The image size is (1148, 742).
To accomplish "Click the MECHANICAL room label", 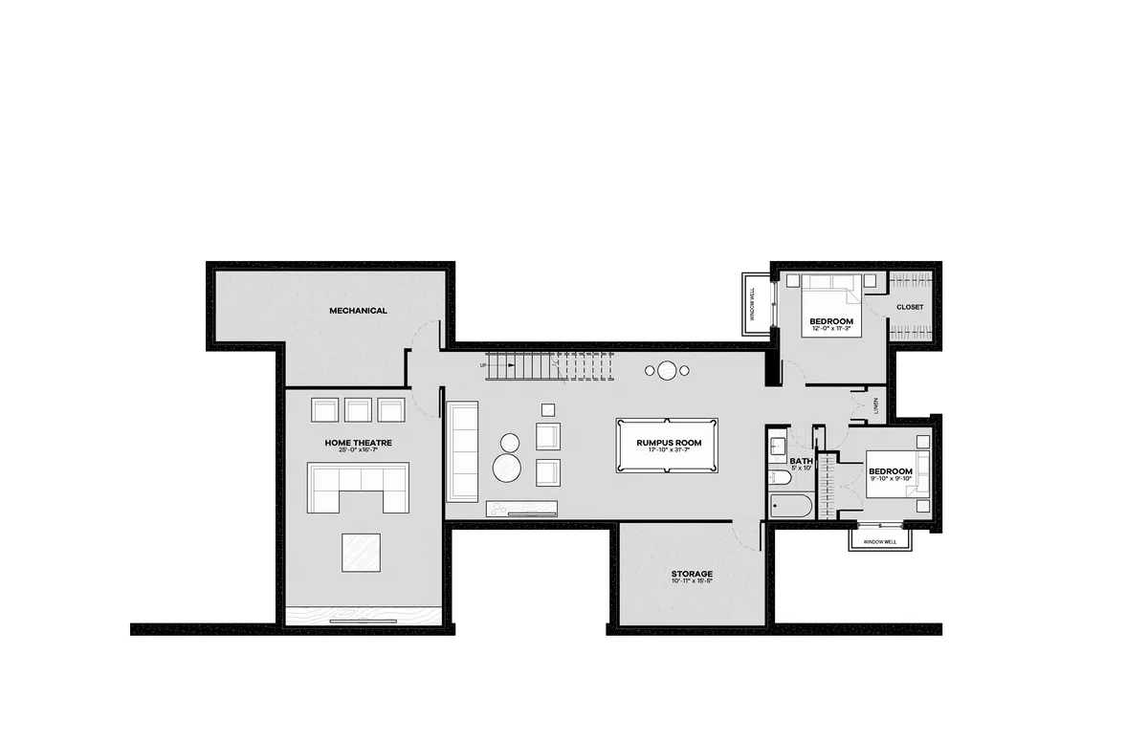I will (358, 311).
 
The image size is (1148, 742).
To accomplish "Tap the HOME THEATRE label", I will (358, 443).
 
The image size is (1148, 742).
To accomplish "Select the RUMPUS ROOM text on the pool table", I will (669, 443).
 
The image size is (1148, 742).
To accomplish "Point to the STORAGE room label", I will (692, 575).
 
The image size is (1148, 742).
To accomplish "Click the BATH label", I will (800, 462).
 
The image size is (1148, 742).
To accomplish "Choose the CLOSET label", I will (910, 307).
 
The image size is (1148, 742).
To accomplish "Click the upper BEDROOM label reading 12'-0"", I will (830, 321).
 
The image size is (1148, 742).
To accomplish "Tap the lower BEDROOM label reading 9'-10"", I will (890, 471).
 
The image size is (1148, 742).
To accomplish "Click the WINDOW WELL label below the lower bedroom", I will (880, 542).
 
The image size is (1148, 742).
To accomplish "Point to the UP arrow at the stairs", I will (485, 365).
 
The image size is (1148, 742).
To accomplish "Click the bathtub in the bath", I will (790, 506).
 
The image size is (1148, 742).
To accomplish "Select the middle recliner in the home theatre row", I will (358, 410).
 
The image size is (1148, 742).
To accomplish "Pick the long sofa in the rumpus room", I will (462, 451).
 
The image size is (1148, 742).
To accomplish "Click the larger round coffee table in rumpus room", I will (509, 468).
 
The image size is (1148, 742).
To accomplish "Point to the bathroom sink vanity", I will (777, 446).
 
